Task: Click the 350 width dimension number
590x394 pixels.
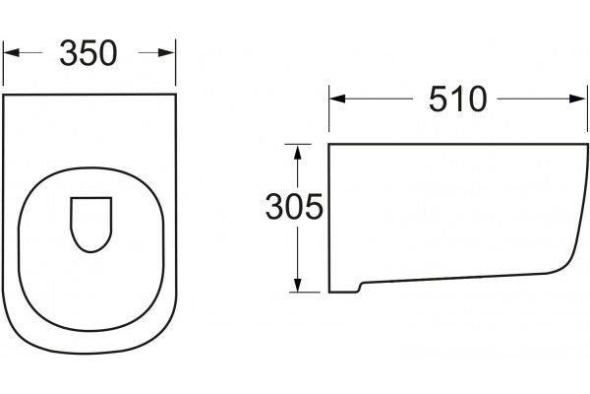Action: point(88,53)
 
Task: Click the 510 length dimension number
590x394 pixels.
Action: point(458,98)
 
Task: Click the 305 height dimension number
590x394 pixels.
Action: point(294,206)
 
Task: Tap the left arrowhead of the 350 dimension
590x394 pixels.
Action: point(11,53)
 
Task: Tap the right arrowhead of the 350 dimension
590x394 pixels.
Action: point(167,53)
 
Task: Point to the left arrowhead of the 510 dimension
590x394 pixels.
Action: point(337,98)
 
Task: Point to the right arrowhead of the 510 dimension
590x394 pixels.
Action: point(578,98)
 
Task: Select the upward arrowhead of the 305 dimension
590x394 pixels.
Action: point(298,152)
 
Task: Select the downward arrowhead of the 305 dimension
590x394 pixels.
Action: point(298,285)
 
